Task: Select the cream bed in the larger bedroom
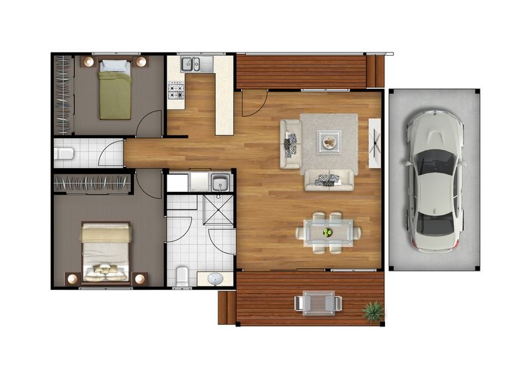tap(106, 252)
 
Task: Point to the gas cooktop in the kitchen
tap(176, 90)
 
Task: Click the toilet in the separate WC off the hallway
tap(64, 155)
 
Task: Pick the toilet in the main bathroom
tap(182, 274)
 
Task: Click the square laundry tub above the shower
tap(220, 182)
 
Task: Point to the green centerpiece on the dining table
tap(328, 232)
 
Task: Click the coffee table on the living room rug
tap(329, 141)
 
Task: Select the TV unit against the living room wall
tap(374, 144)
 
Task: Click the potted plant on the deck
tap(373, 311)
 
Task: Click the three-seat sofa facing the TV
tap(291, 143)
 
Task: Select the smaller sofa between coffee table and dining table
tap(329, 179)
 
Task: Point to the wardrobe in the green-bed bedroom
tap(62, 95)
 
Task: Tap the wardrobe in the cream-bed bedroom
tap(90, 183)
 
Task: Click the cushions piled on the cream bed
tap(105, 270)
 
